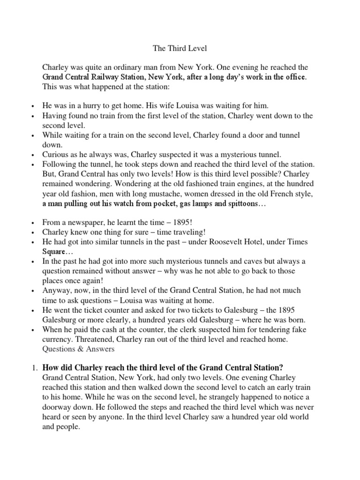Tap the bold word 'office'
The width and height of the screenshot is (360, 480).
point(294,76)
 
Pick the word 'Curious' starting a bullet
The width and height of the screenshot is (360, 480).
point(55,154)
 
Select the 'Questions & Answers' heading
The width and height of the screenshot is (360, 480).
point(78,349)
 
